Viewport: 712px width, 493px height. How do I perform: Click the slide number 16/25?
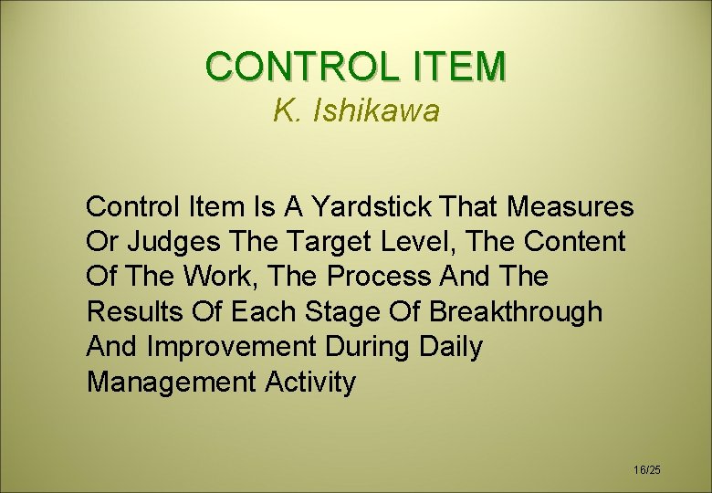click(646, 469)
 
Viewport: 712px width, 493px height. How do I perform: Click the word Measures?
click(570, 207)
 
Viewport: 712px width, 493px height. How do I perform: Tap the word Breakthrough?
click(516, 311)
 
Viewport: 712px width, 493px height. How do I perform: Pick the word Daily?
click(451, 347)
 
